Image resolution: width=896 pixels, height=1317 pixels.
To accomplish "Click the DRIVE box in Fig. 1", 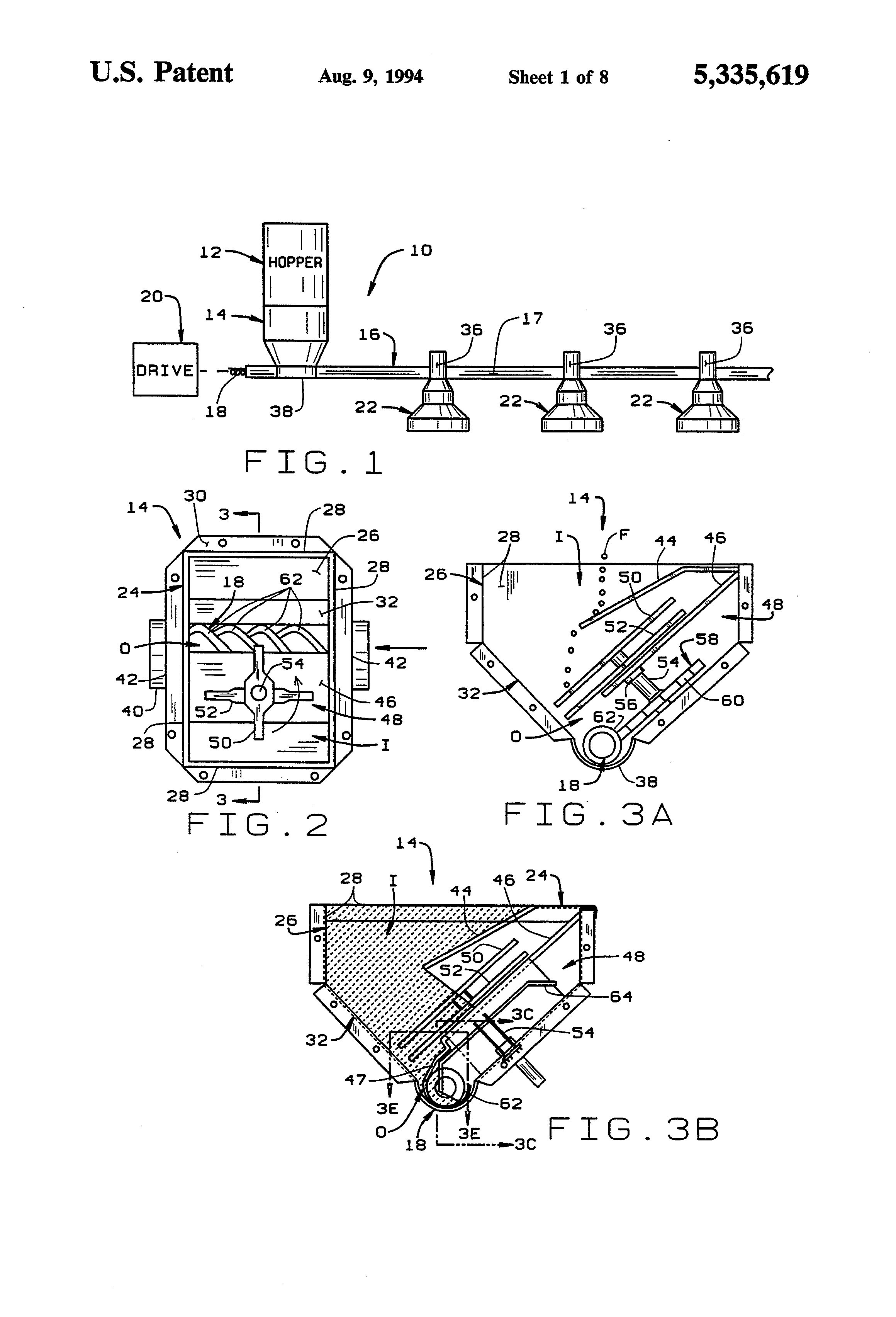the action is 165,369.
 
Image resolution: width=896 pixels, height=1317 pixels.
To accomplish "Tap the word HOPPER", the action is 295,262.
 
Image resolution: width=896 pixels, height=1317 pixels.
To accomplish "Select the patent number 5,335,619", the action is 751,75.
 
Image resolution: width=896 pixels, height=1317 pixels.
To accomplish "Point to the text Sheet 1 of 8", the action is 558,77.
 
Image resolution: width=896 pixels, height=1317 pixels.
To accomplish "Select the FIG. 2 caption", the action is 258,825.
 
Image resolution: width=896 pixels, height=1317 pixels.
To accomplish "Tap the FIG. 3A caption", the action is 588,814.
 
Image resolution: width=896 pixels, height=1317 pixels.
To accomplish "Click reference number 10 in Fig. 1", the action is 421,250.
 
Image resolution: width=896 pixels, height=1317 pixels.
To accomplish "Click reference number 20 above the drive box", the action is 151,296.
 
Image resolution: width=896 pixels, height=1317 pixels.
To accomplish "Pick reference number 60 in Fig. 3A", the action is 732,701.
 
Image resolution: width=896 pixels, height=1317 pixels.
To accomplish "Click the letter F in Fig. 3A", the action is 624,534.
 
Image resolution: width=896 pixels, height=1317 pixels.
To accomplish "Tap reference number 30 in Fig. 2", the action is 195,496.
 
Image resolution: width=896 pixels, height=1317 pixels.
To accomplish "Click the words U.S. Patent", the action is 162,73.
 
